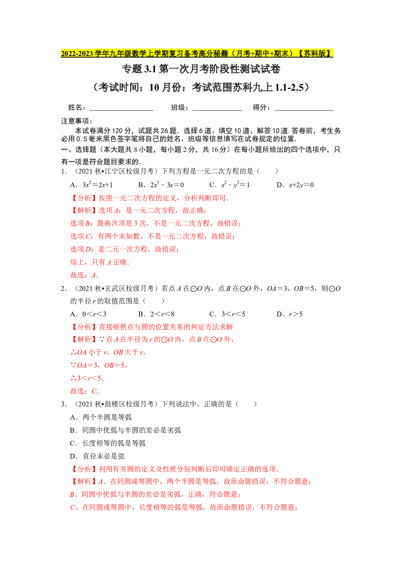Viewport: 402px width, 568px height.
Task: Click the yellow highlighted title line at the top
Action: pos(197,53)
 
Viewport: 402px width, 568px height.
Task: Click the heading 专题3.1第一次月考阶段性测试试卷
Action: pos(201,69)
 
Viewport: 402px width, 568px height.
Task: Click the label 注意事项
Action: pos(77,121)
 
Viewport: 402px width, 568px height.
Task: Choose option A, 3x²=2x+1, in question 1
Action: pos(91,185)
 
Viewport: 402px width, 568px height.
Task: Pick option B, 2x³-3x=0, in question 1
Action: pos(161,185)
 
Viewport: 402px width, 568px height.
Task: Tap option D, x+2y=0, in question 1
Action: pos(295,185)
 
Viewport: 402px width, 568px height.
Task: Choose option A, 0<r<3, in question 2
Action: pos(88,314)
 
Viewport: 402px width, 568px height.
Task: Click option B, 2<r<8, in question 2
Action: pos(156,314)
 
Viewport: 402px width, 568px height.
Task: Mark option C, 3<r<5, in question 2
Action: pos(227,314)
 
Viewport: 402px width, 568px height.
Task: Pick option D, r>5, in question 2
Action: pos(290,314)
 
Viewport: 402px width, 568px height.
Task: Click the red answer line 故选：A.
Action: pos(84,275)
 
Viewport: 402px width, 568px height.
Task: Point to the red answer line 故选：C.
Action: pos(84,391)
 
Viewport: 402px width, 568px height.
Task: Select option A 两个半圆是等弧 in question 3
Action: pos(101,417)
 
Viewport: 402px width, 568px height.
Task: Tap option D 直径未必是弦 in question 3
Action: pos(97,456)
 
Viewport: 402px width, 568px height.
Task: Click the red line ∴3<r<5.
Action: pos(87,378)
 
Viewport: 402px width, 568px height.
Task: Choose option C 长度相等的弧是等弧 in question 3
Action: pos(108,443)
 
